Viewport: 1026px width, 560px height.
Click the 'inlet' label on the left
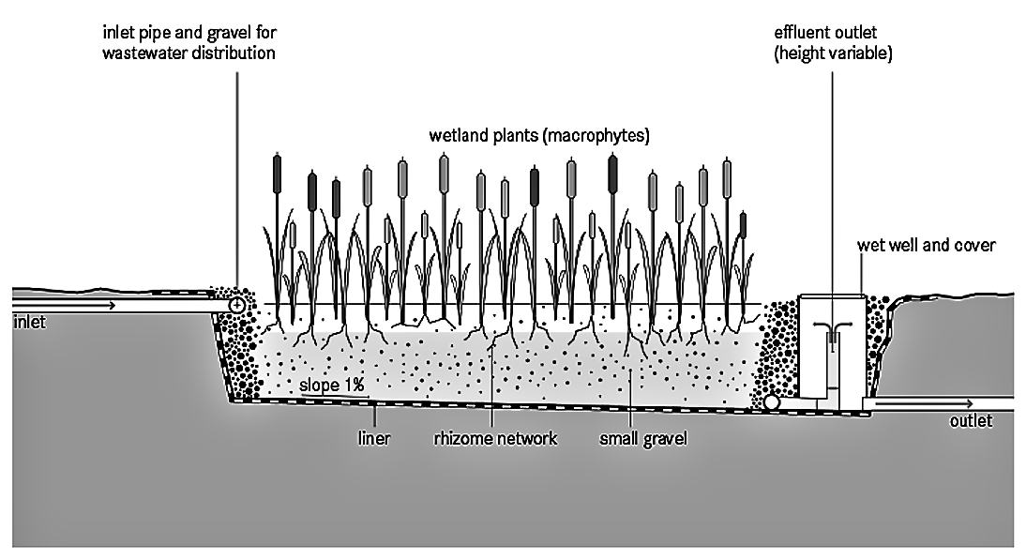pos(30,323)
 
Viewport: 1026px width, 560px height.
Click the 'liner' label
pos(373,437)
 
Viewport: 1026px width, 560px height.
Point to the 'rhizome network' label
pos(495,437)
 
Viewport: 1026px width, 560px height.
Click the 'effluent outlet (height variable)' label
pos(833,43)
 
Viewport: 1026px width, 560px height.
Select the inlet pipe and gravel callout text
pos(189,43)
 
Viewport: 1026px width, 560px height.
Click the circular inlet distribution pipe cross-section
pos(236,306)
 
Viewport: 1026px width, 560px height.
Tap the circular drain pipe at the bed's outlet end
pos(771,401)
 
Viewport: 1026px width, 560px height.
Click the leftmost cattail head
pos(277,171)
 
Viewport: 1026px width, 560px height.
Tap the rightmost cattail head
pos(743,224)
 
